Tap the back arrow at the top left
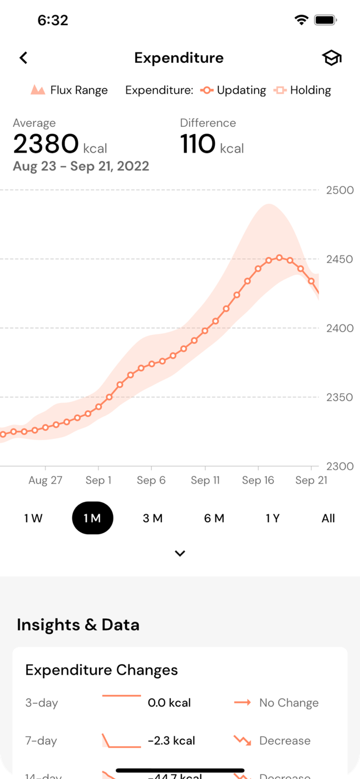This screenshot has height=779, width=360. click(x=23, y=58)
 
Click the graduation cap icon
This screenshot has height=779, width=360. click(x=332, y=58)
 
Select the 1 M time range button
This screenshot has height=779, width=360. click(x=92, y=519)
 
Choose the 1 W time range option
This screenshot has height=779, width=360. click(x=33, y=519)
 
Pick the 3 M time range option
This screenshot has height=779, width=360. click(x=152, y=519)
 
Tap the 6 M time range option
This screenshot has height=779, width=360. click(x=214, y=519)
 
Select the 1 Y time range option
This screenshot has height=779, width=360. click(x=272, y=519)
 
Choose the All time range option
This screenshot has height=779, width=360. click(x=328, y=519)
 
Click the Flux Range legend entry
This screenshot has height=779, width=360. click(x=69, y=90)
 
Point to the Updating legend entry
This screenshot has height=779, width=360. click(x=234, y=90)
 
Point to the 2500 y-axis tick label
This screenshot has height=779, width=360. click(x=340, y=190)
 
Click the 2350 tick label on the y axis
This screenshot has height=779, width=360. click(x=340, y=397)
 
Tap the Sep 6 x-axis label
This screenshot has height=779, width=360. click(x=151, y=481)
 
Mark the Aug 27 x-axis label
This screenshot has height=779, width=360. click(x=45, y=481)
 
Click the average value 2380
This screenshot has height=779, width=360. click(x=46, y=145)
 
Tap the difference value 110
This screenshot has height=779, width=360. click(x=198, y=145)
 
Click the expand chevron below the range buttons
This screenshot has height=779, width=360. click(x=180, y=554)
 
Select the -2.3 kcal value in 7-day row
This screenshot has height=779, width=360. click(x=171, y=741)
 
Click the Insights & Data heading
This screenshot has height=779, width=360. click(x=78, y=625)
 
